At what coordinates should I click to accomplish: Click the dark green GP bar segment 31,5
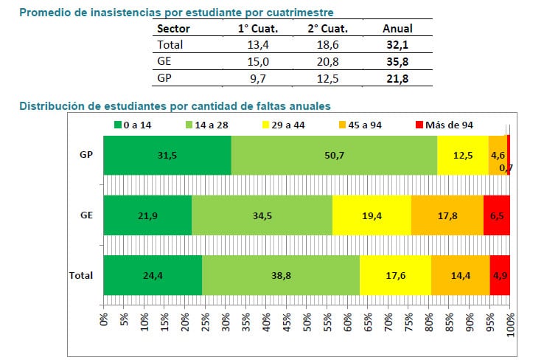click(x=167, y=155)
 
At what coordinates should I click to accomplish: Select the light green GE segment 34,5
click(x=262, y=215)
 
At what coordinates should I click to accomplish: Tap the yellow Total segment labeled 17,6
click(x=395, y=274)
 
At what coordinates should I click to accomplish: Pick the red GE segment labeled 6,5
click(x=497, y=215)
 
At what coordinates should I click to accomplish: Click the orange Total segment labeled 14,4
click(x=460, y=274)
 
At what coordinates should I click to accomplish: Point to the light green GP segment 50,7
click(x=334, y=155)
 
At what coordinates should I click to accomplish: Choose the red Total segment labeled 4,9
click(x=500, y=274)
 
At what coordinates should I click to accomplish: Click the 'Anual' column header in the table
click(x=397, y=29)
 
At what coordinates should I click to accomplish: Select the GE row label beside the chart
click(x=86, y=215)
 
